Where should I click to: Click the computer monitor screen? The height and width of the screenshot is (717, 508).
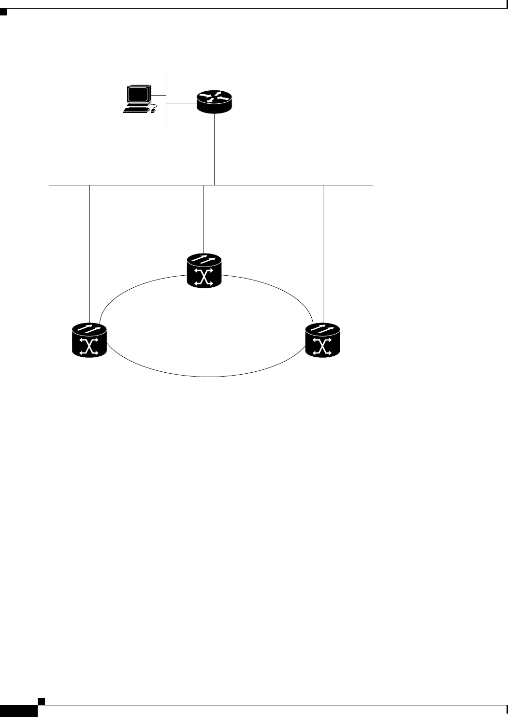pyautogui.click(x=137, y=94)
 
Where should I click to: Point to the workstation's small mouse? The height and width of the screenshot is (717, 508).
pyautogui.click(x=153, y=111)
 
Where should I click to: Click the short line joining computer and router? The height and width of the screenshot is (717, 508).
pyautogui.click(x=181, y=102)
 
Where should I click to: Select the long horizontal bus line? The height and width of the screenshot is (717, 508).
pyautogui.click(x=145, y=185)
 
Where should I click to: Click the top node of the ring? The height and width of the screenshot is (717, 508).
pyautogui.click(x=204, y=272)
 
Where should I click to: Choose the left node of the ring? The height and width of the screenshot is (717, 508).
pyautogui.click(x=89, y=340)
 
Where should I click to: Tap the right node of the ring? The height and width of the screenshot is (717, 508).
pyautogui.click(x=323, y=340)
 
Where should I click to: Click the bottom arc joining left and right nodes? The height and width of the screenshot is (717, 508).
pyautogui.click(x=205, y=376)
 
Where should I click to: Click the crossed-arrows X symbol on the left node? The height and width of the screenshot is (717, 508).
pyautogui.click(x=89, y=347)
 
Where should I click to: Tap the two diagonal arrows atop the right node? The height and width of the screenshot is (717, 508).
pyautogui.click(x=322, y=328)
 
